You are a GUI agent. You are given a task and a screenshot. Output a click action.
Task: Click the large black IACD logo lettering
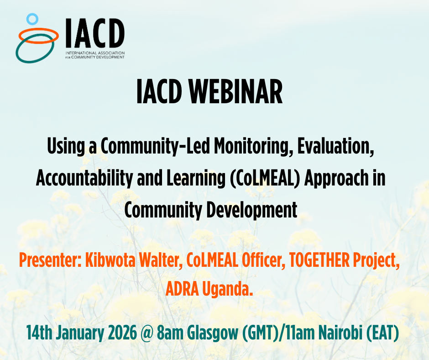[x=95, y=33]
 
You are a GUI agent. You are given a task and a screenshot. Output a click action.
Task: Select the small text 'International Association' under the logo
[x=95, y=53]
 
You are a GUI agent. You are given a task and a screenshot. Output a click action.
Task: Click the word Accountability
[x=84, y=178]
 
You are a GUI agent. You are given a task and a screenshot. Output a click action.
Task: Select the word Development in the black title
[x=252, y=210]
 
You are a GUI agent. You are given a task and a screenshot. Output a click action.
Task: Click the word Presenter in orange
[x=50, y=260]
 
